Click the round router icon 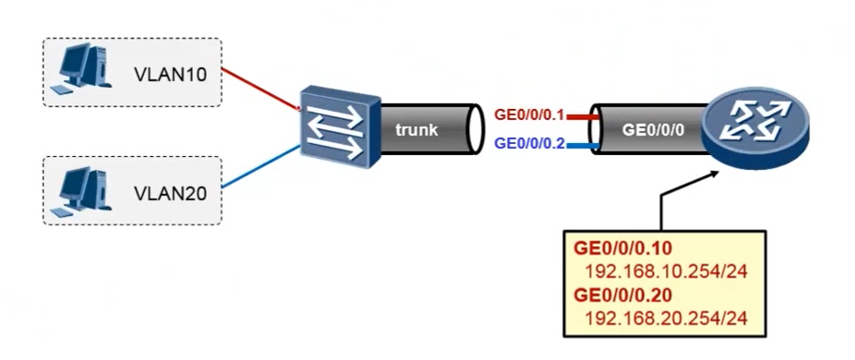tap(753, 129)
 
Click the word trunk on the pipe tap(416, 130)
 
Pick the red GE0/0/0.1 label tap(529, 116)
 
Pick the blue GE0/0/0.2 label tap(529, 143)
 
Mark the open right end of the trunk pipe tap(476, 130)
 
